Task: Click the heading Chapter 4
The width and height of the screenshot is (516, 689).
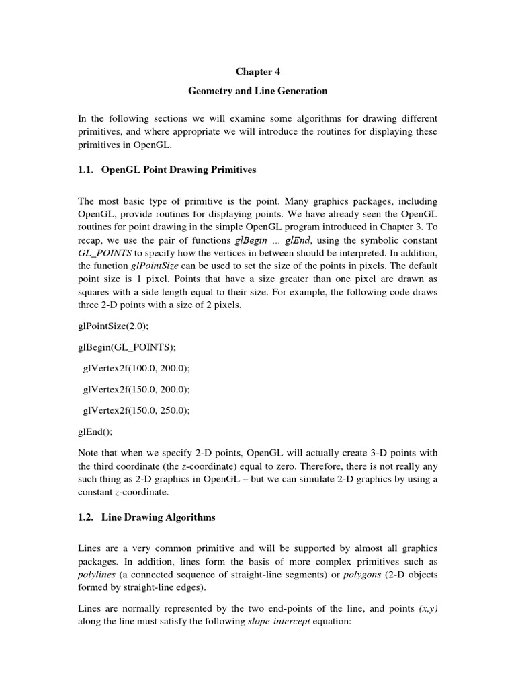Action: [x=257, y=70]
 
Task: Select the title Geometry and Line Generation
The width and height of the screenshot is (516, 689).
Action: [x=257, y=90]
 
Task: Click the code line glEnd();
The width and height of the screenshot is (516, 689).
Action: [x=92, y=429]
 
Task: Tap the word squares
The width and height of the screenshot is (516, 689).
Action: [x=95, y=289]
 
